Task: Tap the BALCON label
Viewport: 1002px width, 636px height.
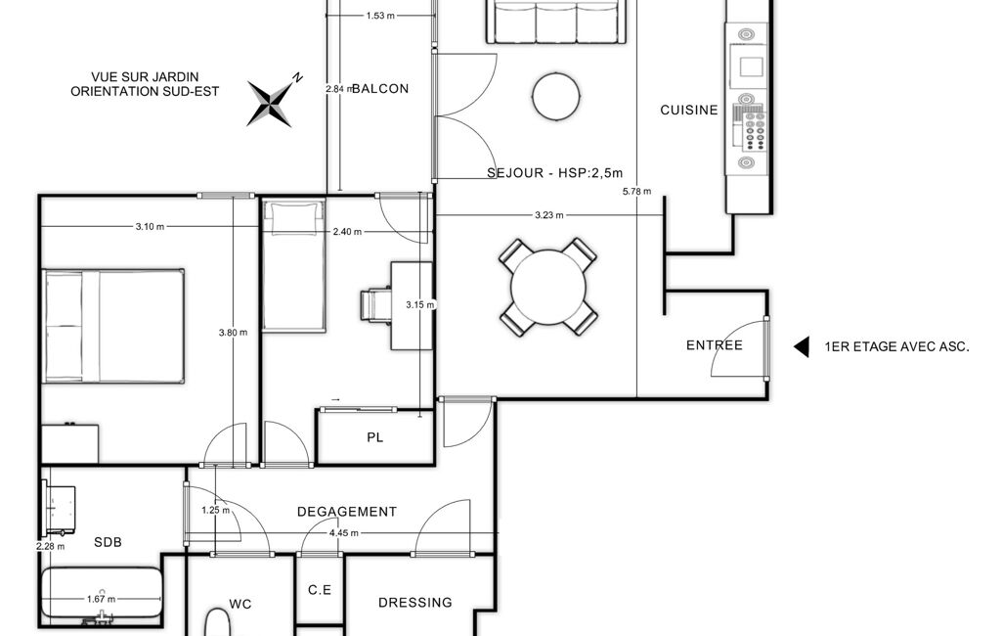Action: (x=380, y=89)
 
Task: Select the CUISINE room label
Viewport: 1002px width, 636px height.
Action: (x=689, y=110)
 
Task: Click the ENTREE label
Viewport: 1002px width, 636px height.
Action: (x=715, y=345)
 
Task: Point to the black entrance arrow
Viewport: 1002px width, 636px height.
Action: (x=802, y=346)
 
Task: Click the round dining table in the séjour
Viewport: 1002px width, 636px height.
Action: (x=548, y=287)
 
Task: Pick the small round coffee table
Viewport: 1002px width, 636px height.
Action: (x=556, y=97)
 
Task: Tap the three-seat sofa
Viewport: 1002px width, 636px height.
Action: (x=556, y=22)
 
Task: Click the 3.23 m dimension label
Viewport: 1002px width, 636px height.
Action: (x=549, y=215)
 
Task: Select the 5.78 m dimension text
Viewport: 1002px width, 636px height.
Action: (x=637, y=192)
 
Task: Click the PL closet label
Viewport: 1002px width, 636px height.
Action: (x=375, y=437)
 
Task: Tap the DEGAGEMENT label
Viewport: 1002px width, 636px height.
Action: (x=347, y=512)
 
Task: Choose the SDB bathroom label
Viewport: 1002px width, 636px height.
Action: (x=108, y=543)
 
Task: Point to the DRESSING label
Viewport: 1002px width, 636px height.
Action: (x=415, y=603)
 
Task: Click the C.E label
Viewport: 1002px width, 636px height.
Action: (x=320, y=590)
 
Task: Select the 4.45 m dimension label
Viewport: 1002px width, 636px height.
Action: (x=344, y=533)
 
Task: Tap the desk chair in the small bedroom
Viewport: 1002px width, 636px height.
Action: (x=375, y=304)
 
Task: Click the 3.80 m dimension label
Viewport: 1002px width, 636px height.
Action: (x=233, y=333)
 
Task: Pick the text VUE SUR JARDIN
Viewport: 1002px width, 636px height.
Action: (x=145, y=77)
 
